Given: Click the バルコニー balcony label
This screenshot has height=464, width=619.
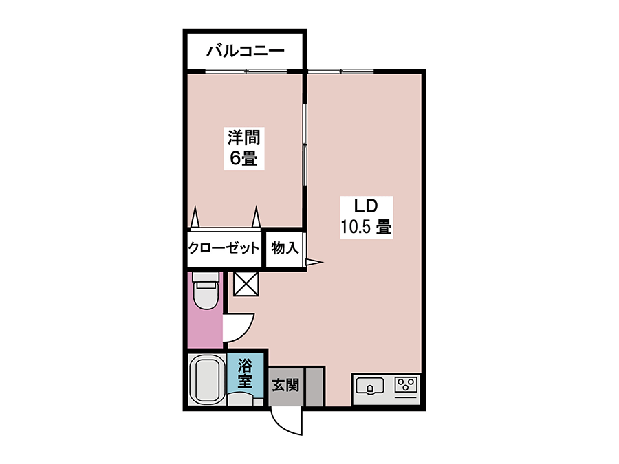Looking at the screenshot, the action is [245, 52].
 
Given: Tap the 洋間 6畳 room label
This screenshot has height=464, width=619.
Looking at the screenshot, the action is [243, 148].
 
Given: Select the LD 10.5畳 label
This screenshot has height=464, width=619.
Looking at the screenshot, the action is [366, 217].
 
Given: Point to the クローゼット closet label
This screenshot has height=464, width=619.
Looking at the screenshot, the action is [224, 248].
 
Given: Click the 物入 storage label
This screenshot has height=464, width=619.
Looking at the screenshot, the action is [285, 248].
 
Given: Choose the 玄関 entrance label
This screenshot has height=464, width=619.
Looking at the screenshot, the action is [285, 385].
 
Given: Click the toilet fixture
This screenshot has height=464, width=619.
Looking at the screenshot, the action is [205, 291].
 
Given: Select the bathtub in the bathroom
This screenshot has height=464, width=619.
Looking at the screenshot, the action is [205, 379].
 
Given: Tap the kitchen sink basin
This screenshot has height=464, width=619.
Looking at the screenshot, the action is [370, 386].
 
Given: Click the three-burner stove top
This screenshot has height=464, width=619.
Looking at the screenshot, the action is [406, 384].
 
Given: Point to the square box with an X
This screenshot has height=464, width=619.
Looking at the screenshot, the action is [246, 284].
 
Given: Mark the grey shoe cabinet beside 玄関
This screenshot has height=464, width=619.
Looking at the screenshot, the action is [315, 386].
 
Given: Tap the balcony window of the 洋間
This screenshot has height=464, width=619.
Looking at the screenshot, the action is [246, 71].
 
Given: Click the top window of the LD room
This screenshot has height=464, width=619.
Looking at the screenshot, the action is [340, 71].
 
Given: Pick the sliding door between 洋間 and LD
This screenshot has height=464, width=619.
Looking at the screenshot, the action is [305, 144].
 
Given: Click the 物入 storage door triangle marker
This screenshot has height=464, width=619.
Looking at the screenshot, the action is [315, 262].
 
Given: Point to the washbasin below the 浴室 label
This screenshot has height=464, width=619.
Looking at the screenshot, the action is [241, 399].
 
